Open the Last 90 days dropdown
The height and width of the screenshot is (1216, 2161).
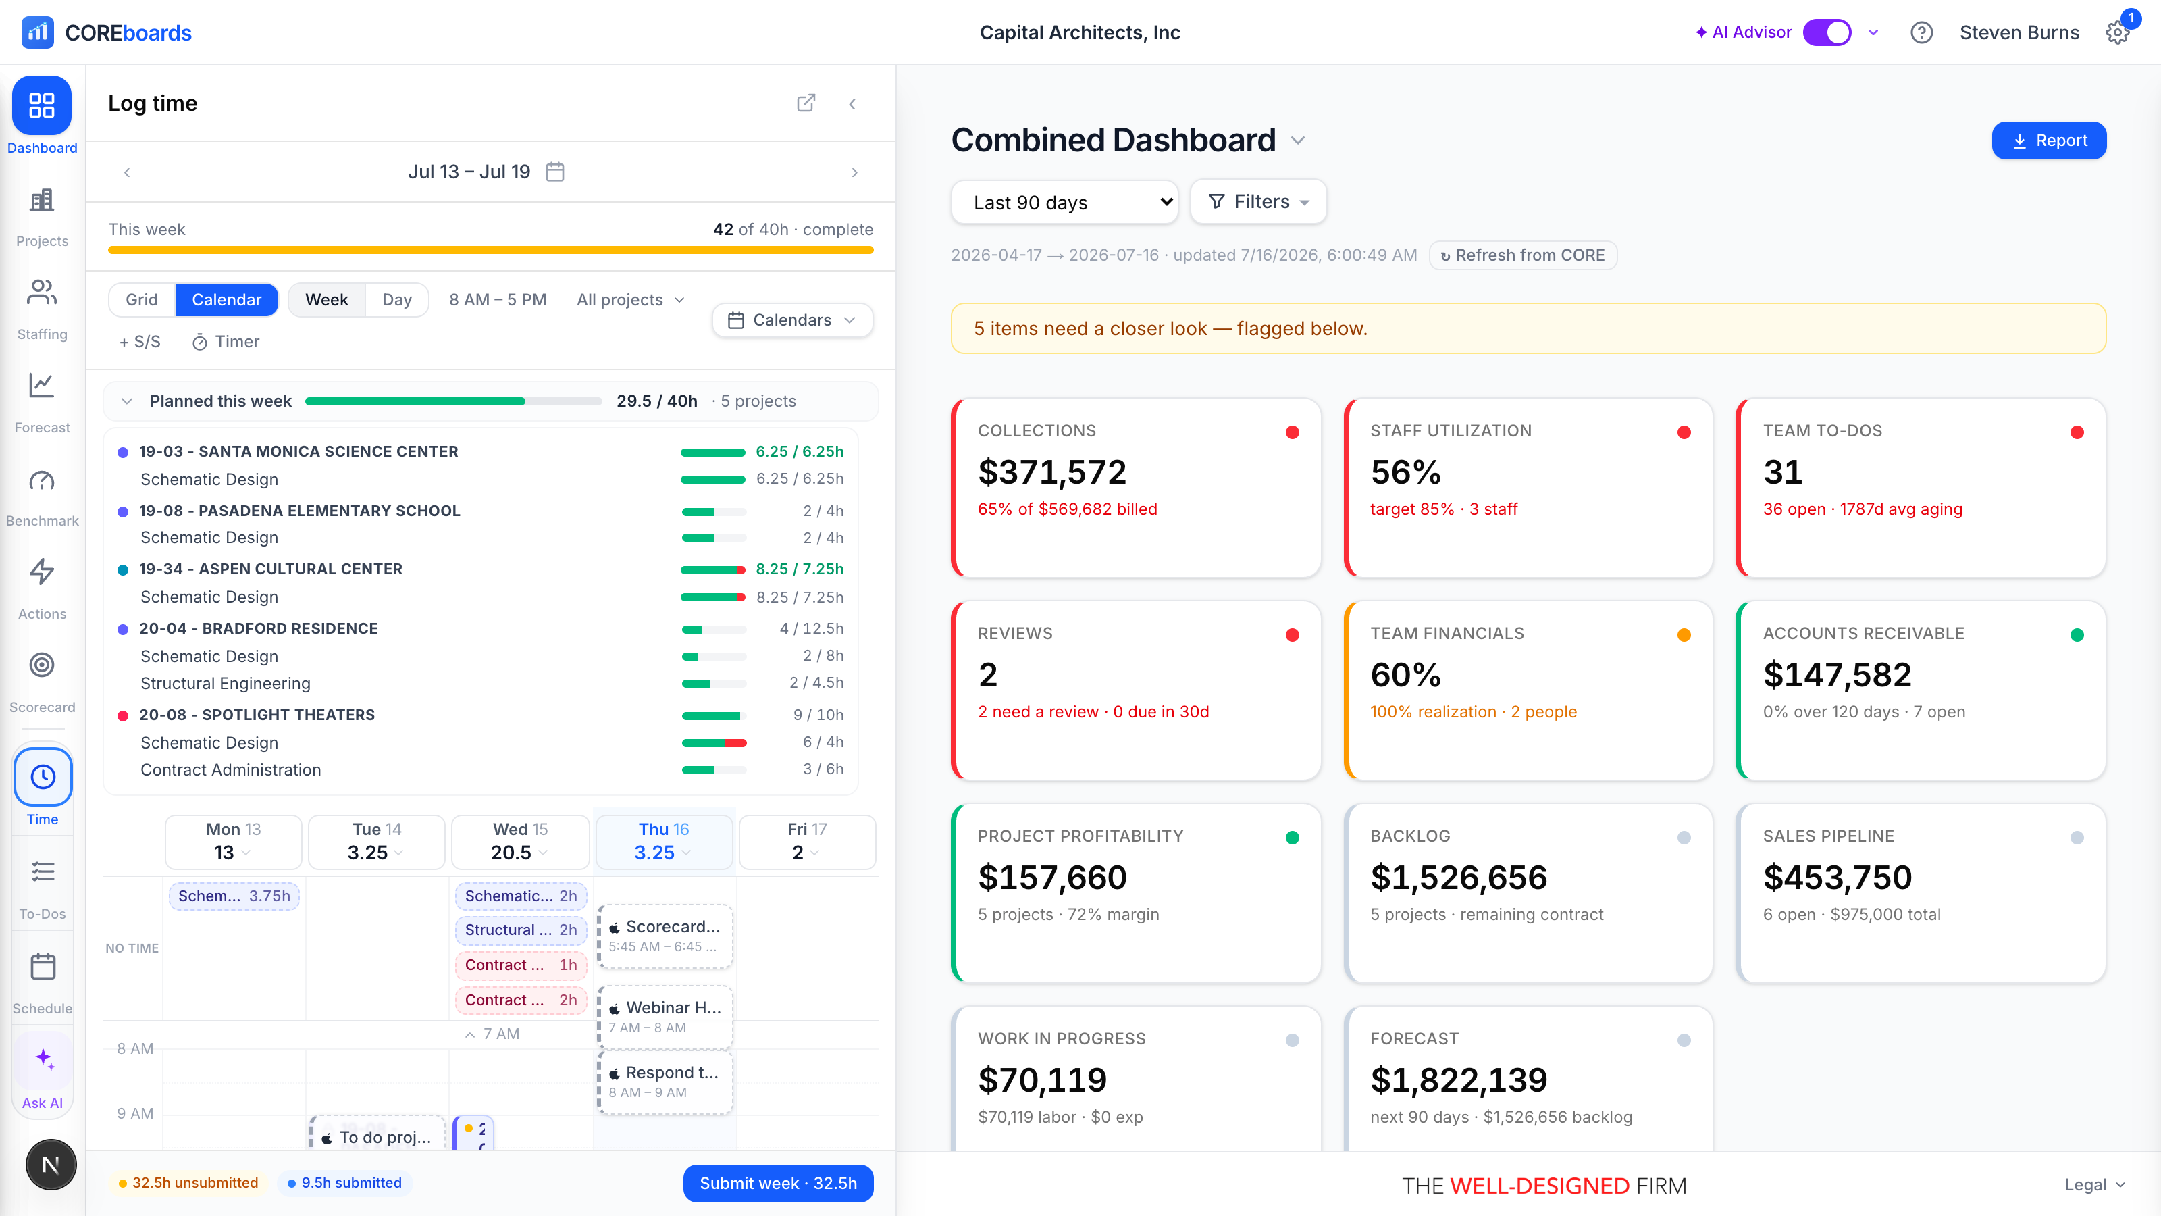[1064, 202]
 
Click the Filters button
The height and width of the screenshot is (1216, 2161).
[1257, 201]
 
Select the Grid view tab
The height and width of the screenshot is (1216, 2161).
[142, 299]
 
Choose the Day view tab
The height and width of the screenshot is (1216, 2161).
[397, 299]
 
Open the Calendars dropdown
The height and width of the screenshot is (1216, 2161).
[792, 320]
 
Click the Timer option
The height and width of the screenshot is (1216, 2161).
[226, 342]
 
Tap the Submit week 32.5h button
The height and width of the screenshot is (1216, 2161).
[778, 1184]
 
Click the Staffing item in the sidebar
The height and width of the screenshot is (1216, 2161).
[42, 309]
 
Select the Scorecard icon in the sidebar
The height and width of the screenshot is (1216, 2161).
[42, 665]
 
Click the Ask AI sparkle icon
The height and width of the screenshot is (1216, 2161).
[44, 1059]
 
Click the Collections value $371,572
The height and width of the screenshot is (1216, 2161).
[1052, 472]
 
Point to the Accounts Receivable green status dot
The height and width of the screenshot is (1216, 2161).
[2077, 635]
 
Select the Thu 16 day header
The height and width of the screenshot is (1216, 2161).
[664, 842]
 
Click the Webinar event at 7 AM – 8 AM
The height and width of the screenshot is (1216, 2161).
[665, 1016]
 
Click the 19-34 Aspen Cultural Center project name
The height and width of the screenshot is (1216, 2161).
[270, 569]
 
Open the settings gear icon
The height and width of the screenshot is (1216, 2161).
[2116, 32]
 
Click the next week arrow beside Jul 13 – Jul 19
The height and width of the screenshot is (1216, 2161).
[854, 172]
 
